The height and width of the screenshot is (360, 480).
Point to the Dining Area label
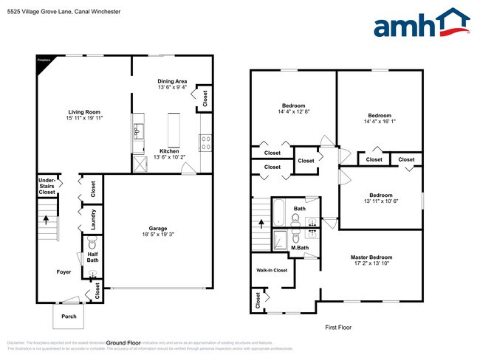click(174, 81)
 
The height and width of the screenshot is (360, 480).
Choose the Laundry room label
click(94, 220)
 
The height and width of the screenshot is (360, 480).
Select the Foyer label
click(64, 271)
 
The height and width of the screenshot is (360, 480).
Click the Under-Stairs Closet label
click(47, 185)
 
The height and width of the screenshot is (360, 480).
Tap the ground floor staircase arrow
click(47, 219)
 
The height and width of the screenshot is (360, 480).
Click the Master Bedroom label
click(371, 257)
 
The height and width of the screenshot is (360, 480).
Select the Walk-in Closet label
click(272, 271)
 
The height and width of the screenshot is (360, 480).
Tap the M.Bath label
click(299, 247)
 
